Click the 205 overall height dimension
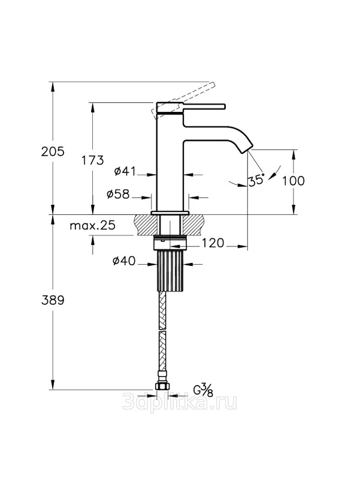(53, 151)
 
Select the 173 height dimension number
(92, 160)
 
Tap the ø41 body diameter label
(125, 171)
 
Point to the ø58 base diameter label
(118, 193)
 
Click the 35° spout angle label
(256, 180)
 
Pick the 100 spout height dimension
(293, 181)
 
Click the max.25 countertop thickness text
(93, 226)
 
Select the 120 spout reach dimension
(213, 243)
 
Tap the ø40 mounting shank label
(124, 260)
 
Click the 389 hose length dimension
(53, 301)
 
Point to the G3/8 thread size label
(203, 390)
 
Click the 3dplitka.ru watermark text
(180, 402)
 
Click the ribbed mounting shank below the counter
(171, 271)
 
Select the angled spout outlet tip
(248, 149)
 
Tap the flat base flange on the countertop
(170, 213)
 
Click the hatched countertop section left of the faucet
(146, 225)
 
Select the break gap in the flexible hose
(162, 331)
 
